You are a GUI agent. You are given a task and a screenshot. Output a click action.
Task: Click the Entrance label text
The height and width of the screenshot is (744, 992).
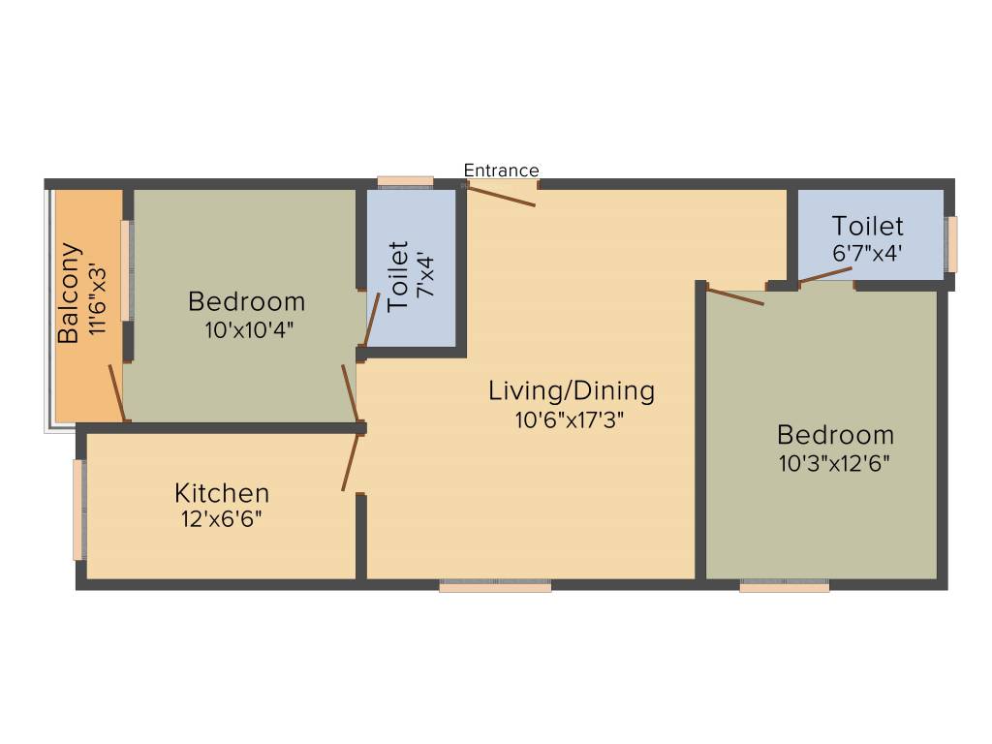coord(501,170)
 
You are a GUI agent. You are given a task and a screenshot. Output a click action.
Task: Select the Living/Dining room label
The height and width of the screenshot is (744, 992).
coord(572,391)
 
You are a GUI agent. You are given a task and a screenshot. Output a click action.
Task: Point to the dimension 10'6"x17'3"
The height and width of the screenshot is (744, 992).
coord(572,420)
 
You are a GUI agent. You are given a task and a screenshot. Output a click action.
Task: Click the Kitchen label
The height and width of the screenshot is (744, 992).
coord(222,492)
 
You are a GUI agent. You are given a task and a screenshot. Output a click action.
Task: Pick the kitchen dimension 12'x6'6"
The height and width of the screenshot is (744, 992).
coord(222,518)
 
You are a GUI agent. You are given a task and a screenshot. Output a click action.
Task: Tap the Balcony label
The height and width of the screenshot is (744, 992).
coord(69,293)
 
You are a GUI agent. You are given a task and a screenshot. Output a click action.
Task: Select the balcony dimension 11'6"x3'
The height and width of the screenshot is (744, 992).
coord(97,293)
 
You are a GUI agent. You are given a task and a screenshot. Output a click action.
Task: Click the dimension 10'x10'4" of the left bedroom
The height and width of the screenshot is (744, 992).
coord(248,329)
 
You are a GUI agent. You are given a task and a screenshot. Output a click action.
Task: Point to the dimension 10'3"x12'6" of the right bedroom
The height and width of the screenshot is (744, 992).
coord(835,462)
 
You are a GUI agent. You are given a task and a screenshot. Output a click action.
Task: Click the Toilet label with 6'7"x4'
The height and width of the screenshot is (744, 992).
coord(868,226)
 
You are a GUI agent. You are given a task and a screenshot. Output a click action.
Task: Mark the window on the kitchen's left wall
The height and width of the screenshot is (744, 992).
coord(78,510)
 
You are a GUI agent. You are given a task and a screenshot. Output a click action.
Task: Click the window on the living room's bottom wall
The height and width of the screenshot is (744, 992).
coord(495,585)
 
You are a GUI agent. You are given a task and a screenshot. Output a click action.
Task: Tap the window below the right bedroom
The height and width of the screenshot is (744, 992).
coord(785,585)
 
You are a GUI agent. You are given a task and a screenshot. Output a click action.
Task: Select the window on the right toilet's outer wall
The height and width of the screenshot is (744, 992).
coord(952,244)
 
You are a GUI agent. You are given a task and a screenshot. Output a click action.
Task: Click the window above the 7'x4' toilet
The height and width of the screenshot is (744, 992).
coord(405,181)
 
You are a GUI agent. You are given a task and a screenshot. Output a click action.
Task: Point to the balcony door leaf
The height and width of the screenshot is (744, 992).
coord(116,393)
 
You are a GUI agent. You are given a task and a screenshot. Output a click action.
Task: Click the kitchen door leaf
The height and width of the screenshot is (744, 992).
coord(351,463)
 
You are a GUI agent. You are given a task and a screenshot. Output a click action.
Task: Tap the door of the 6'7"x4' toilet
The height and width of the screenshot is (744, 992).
coord(825,274)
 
